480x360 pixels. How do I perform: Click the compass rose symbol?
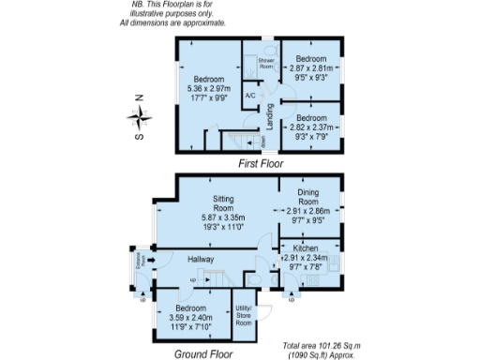(x=141, y=117)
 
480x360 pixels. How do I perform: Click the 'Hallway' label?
(x=201, y=259)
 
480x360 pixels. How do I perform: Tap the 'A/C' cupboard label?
(x=250, y=96)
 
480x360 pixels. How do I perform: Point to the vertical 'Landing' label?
(x=270, y=121)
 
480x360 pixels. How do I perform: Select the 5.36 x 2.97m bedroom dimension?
(x=208, y=89)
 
